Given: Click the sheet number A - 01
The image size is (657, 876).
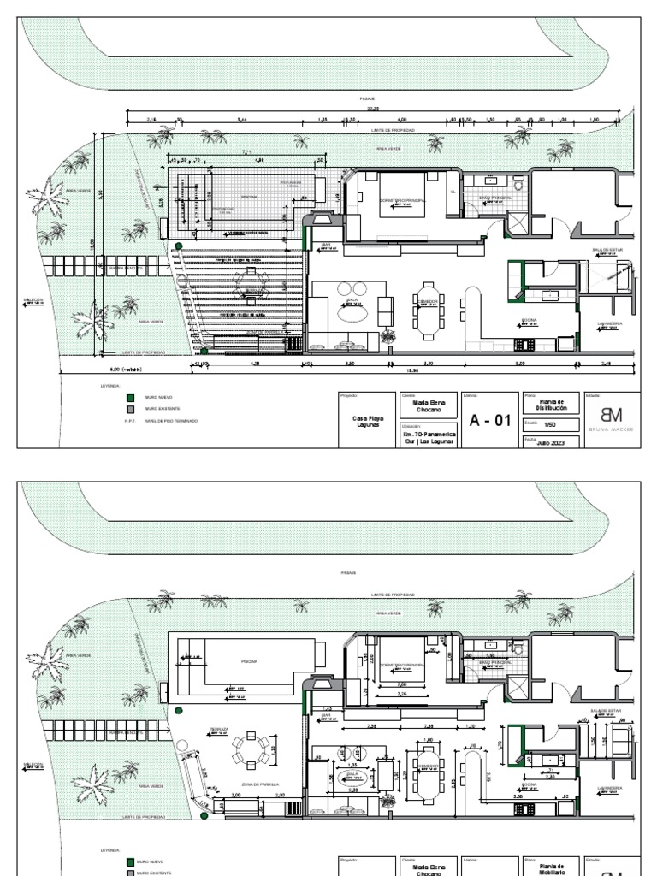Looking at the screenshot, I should pyautogui.click(x=489, y=420).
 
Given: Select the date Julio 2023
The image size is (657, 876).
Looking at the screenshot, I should pyautogui.click(x=552, y=443).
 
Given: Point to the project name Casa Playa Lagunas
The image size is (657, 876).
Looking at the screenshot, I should pyautogui.click(x=368, y=421).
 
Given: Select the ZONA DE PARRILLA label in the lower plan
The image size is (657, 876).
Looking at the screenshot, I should pyautogui.click(x=260, y=784).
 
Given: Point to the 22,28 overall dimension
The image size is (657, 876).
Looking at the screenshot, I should pyautogui.click(x=372, y=109).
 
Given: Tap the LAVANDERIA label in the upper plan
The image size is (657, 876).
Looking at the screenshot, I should pyautogui.click(x=610, y=323).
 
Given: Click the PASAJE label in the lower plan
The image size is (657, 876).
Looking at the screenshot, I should pyautogui.click(x=347, y=572).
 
